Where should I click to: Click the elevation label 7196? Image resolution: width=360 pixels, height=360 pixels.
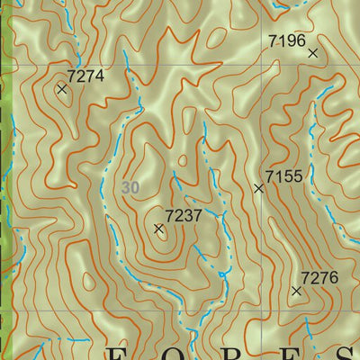point(287,40)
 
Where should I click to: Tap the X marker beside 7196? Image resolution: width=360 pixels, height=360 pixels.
point(313,53)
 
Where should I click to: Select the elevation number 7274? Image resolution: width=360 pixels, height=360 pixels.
point(85,76)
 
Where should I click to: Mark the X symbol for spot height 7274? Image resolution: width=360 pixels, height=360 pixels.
point(62,88)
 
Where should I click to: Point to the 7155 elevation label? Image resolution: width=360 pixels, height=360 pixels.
point(283,176)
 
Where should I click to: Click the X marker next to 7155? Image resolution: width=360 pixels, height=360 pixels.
point(259,188)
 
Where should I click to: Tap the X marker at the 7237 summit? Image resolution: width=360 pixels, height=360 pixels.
point(159,229)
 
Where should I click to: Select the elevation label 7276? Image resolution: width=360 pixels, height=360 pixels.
point(319,278)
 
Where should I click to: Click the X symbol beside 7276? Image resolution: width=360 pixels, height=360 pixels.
point(296,290)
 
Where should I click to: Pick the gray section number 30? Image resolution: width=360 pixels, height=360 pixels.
point(130,187)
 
